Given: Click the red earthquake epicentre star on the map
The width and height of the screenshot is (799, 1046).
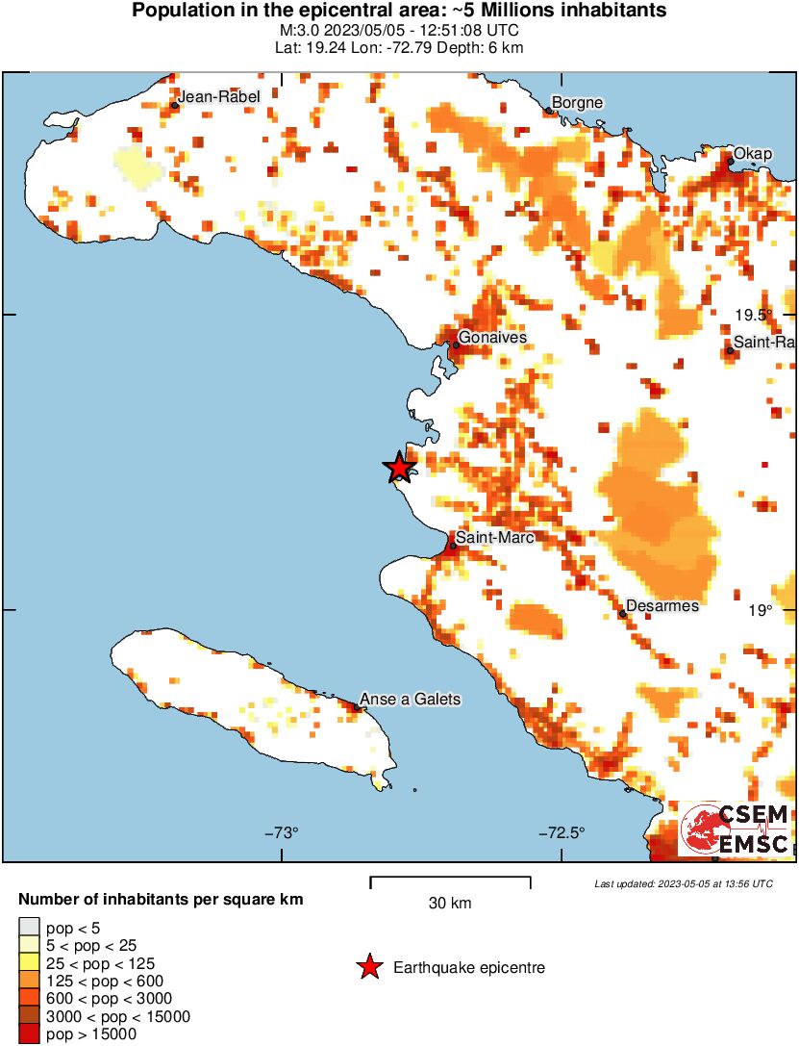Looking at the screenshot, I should click(x=400, y=468).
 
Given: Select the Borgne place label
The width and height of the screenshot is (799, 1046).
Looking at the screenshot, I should click(x=577, y=103).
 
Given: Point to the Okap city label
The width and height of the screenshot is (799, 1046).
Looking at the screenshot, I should click(x=753, y=154).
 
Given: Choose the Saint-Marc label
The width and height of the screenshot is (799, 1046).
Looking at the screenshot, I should click(x=494, y=537).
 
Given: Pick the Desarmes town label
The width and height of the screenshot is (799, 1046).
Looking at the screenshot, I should click(x=662, y=606).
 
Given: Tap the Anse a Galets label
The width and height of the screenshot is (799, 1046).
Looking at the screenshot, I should click(x=410, y=699).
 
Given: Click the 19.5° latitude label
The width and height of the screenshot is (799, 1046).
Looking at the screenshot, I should click(x=755, y=315).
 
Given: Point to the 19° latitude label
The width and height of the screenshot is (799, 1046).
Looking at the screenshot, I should click(x=761, y=609).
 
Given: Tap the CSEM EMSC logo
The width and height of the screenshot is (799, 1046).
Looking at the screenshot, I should click(x=735, y=829).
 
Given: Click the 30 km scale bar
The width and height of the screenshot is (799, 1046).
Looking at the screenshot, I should click(x=450, y=879).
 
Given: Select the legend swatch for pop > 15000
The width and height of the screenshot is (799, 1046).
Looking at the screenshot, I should click(x=29, y=1034).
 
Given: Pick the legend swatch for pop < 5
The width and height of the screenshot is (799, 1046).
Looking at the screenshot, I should click(x=29, y=927).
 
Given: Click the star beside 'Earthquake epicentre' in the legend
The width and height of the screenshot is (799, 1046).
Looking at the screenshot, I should click(x=368, y=968).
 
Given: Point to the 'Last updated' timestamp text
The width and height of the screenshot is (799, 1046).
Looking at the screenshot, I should click(x=683, y=882).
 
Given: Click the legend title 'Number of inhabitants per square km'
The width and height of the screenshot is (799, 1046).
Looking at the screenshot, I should click(x=162, y=900).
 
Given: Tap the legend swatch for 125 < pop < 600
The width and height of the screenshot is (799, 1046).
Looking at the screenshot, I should click(x=29, y=981).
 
